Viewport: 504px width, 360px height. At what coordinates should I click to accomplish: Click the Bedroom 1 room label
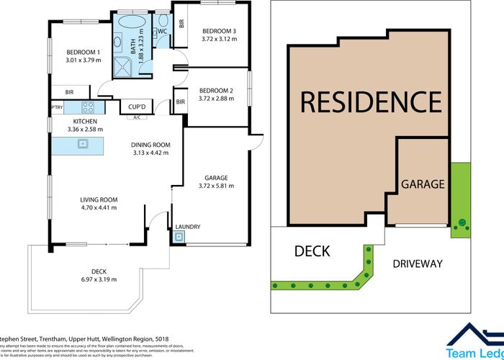(x=83, y=52)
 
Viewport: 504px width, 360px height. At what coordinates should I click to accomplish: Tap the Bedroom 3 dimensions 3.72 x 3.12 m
(x=219, y=40)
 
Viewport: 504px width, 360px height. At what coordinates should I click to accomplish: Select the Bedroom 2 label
(x=217, y=90)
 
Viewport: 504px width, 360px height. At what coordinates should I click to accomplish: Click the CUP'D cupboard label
(x=137, y=107)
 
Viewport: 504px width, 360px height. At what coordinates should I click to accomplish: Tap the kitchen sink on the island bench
(x=82, y=143)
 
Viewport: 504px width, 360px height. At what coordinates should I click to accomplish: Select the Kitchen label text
(x=84, y=121)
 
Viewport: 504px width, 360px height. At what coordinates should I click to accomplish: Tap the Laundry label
(x=188, y=228)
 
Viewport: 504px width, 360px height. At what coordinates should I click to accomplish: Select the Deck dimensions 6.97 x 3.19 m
(x=99, y=279)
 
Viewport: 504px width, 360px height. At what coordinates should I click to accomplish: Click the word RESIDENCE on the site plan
(x=370, y=102)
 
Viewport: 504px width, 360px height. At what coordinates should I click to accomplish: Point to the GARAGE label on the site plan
(x=423, y=184)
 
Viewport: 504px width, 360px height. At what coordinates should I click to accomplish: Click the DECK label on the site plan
(x=312, y=251)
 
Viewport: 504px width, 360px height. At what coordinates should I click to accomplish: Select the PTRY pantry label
(x=56, y=107)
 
